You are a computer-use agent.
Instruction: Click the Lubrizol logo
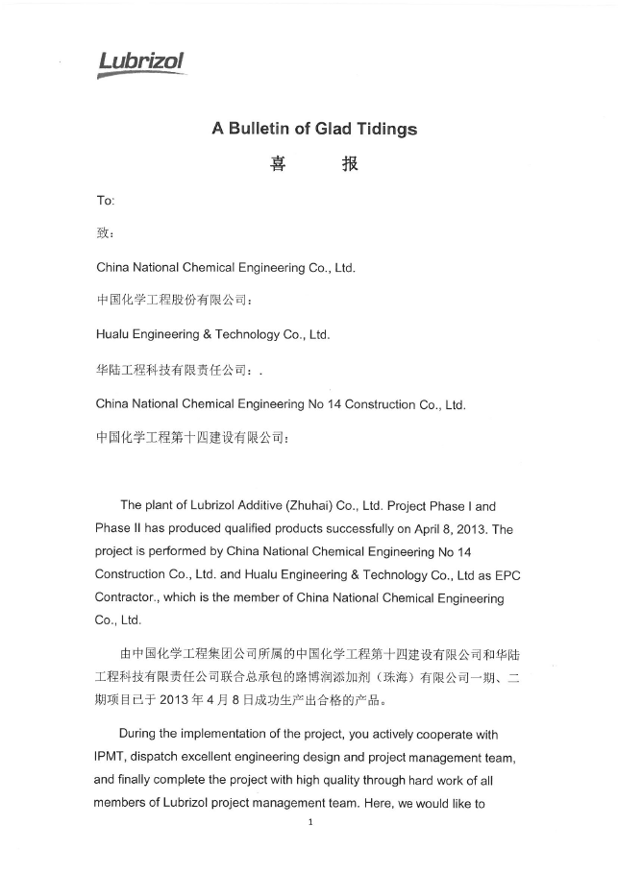[141, 63]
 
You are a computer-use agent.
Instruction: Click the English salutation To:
[106, 200]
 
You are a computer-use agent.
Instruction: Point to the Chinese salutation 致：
[106, 233]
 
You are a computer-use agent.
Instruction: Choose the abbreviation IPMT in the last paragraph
[112, 758]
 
